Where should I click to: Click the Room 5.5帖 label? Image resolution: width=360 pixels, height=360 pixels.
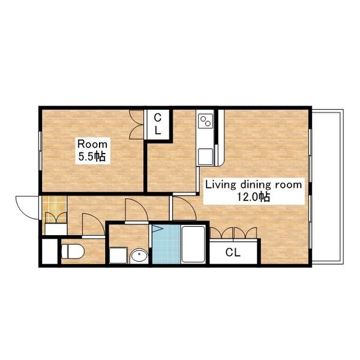pos(92,151)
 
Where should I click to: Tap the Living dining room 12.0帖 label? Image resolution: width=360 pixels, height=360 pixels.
pos(253,191)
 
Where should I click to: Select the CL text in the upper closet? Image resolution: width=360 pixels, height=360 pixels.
pos(157,124)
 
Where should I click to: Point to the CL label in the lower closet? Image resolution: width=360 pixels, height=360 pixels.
pos(233,253)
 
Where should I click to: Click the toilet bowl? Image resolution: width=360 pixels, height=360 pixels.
pos(73,251)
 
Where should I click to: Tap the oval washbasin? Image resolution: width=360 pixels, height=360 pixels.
pos(139,256)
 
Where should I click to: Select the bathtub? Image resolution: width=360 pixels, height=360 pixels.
pos(193,244)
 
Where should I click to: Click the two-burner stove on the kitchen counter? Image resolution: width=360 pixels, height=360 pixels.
pos(205,121)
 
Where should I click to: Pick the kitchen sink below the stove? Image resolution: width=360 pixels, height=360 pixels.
pos(205,157)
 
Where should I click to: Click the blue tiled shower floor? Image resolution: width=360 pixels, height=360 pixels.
pos(166,244)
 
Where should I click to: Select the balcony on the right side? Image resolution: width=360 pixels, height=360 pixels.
pos(328,187)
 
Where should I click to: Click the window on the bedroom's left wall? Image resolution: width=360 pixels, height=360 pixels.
pos(40,151)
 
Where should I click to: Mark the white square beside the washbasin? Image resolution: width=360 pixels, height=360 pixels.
pos(118,256)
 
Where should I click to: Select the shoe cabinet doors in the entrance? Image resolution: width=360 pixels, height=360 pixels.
pos(56,218)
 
